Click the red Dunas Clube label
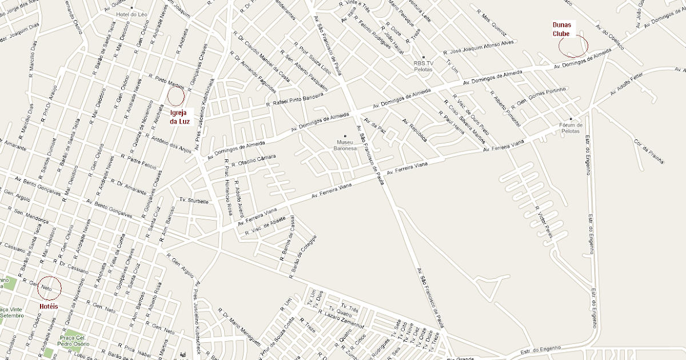[561, 29]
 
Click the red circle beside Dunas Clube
[573, 46]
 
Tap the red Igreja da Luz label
[180, 117]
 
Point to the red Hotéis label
[49, 307]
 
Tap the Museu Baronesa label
[345, 145]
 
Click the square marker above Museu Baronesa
[345, 136]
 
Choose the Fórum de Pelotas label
[571, 128]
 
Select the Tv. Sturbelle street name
[190, 201]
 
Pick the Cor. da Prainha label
[649, 151]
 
